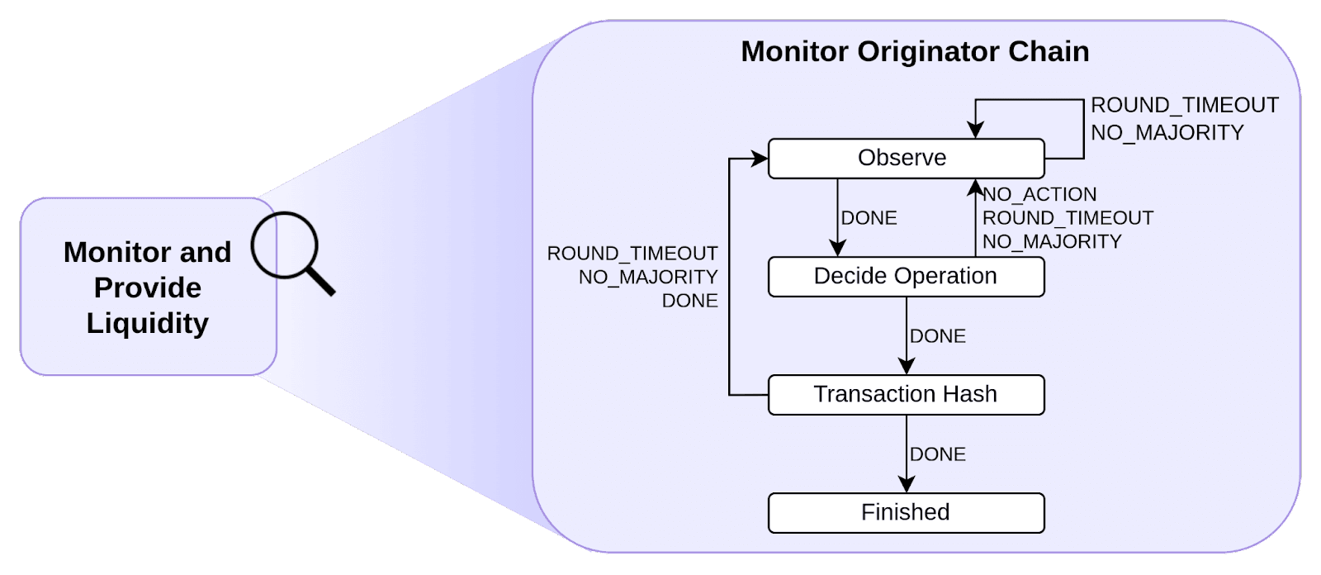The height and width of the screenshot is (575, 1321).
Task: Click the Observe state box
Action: pos(906,159)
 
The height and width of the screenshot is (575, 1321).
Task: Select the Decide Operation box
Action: pos(906,276)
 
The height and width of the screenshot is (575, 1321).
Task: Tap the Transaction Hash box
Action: pos(906,394)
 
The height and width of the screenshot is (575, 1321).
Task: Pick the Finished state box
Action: pos(906,512)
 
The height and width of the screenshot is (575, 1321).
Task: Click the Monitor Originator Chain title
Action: pos(915,51)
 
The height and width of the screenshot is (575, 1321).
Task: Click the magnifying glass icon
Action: pos(292,253)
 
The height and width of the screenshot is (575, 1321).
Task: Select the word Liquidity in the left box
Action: pos(148,324)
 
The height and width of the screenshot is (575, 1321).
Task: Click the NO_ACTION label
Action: pos(1039,194)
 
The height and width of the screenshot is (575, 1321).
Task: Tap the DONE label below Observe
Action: pos(869,218)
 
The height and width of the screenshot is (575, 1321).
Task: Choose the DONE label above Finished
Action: pos(938,454)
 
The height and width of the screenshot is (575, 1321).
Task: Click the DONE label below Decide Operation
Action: pos(938,336)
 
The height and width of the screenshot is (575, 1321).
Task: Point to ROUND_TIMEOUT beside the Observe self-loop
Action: pos(1185,105)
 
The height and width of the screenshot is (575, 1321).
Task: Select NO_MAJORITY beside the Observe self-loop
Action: pos(1167,132)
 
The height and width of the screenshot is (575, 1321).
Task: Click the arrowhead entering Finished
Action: pos(907,485)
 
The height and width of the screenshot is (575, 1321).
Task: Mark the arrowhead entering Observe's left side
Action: pos(759,159)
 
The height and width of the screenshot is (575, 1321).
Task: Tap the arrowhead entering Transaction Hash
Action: pos(907,367)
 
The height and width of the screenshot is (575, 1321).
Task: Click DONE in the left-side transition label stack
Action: pos(689,301)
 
